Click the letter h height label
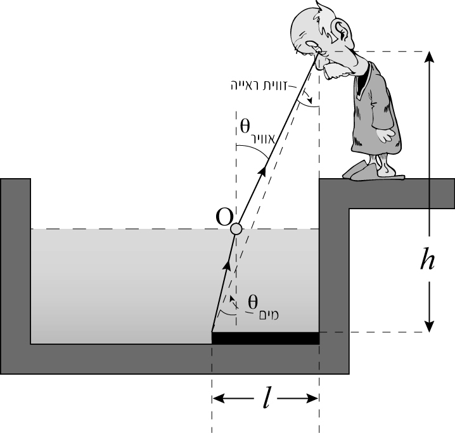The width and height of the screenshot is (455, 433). pos(427,259)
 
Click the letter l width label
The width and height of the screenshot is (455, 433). pos(266,397)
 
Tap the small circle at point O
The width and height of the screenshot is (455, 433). pos(236,229)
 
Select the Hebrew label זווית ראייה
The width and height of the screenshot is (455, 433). pos(259,86)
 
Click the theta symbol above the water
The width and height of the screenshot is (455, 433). pos(245,126)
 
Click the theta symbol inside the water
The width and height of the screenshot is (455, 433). pos(253,302)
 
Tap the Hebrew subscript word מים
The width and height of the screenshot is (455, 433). pos(269,314)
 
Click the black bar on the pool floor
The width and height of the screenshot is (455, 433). pos(266,338)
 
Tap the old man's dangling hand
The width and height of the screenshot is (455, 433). pos(385,134)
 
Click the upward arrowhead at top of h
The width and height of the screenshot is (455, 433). pos(429,56)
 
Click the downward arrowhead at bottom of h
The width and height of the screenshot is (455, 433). pos(429,326)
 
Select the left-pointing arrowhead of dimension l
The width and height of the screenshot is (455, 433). pos(219,398)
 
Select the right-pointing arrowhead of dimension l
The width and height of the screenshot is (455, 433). pos(313,398)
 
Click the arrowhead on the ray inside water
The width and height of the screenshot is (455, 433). pos(227,264)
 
